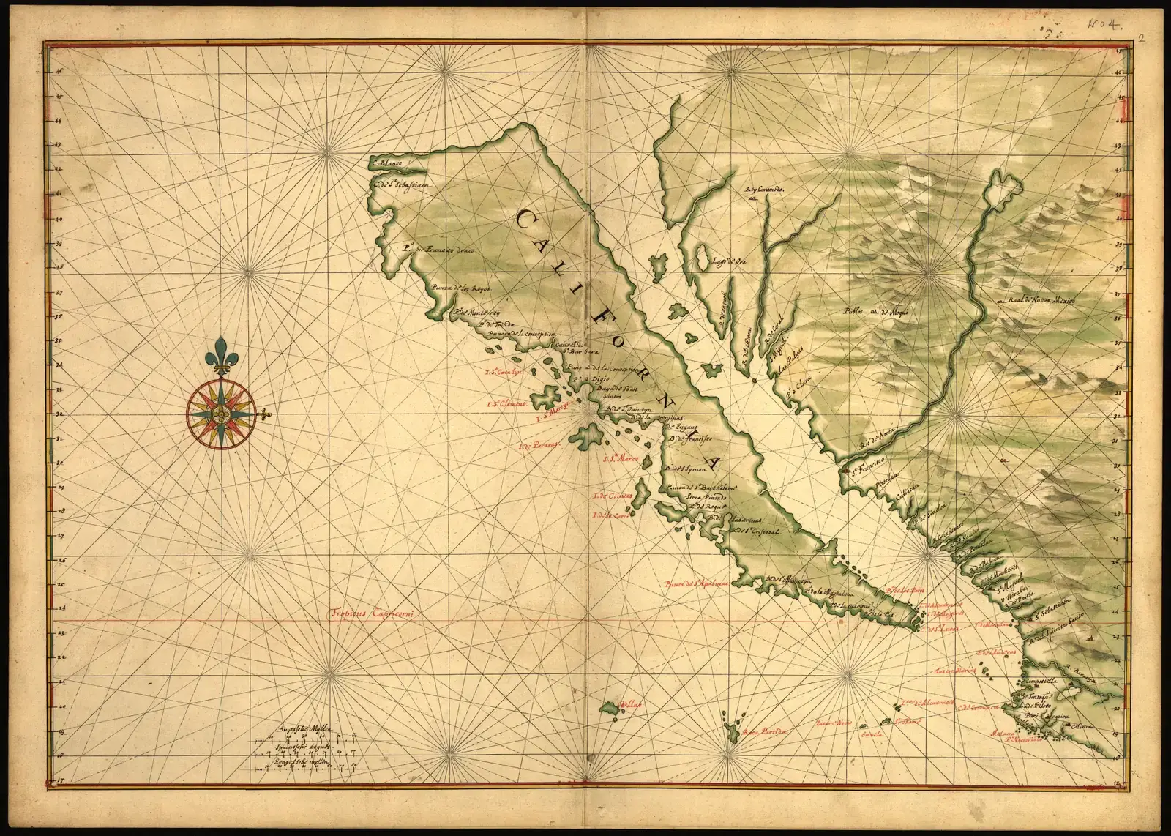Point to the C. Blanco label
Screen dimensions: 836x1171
tap(389, 163)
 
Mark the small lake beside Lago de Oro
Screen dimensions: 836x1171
tap(700, 258)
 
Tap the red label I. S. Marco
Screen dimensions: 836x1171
tap(621, 459)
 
